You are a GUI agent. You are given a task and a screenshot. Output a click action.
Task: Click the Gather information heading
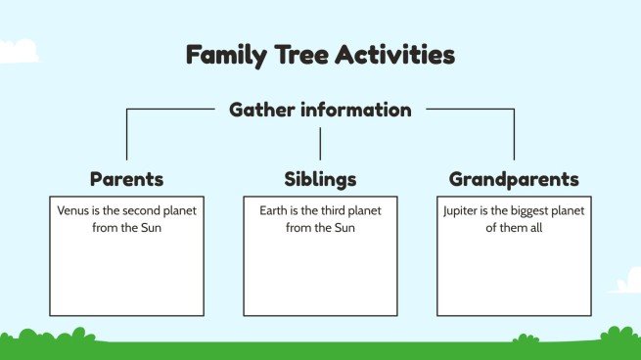tap(320, 110)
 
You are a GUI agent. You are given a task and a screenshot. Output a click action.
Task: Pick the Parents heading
tap(126, 179)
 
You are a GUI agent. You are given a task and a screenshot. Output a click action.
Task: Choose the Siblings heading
tap(320, 179)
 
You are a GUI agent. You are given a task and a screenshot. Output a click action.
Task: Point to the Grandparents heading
tap(514, 179)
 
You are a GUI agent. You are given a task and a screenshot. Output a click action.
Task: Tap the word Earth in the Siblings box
tap(275, 210)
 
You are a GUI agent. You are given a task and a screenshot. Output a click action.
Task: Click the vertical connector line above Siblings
tap(320, 143)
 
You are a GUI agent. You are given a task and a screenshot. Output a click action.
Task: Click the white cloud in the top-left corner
tap(18, 49)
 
